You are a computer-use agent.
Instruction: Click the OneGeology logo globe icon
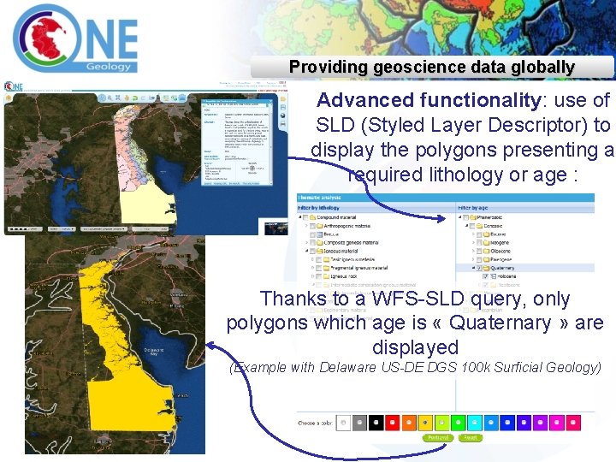click(x=44, y=36)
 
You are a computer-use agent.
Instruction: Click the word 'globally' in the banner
click(x=541, y=67)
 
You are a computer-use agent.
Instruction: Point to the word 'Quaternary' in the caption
click(x=500, y=323)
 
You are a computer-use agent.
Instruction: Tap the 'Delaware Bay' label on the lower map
click(x=153, y=353)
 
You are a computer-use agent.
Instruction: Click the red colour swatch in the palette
click(x=391, y=422)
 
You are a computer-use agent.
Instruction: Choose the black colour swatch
click(x=375, y=422)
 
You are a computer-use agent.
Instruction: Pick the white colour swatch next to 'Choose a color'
click(x=343, y=422)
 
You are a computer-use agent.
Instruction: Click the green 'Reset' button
click(x=470, y=437)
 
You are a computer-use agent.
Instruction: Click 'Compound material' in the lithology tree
click(x=340, y=217)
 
